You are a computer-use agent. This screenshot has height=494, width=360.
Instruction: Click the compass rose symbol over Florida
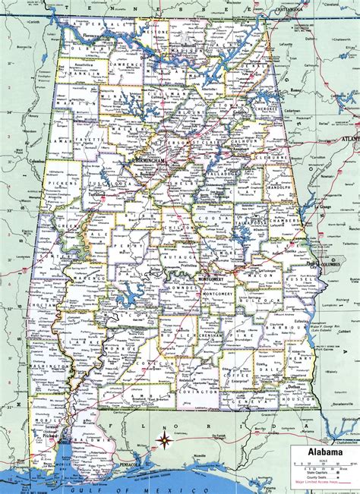[163, 439]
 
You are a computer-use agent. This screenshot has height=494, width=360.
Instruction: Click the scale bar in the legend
[324, 464]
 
